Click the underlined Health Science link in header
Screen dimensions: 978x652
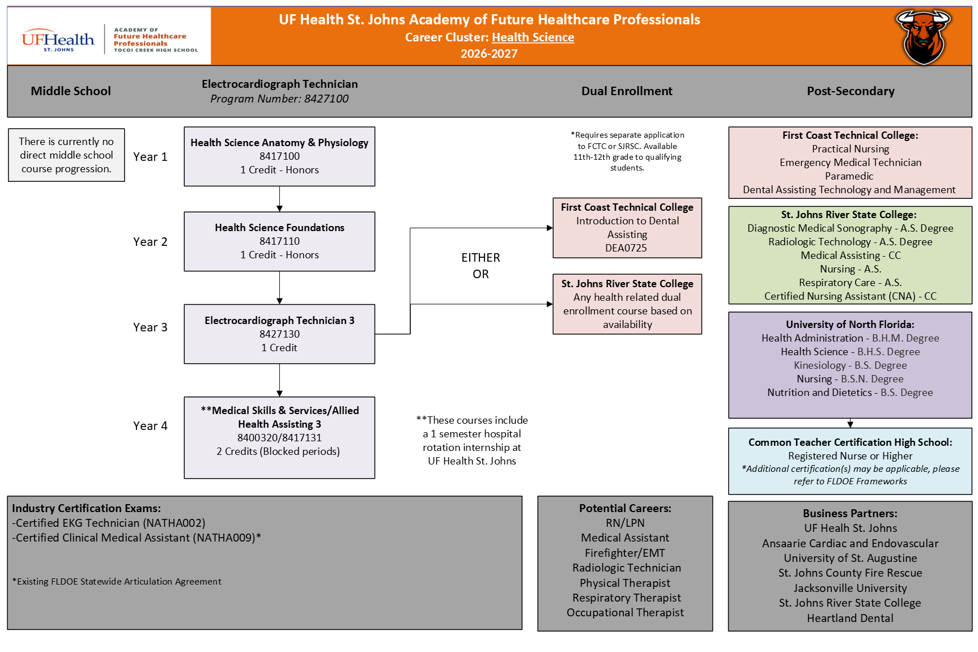click(x=533, y=37)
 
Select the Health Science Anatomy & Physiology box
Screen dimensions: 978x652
click(x=279, y=156)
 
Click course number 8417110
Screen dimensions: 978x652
click(x=279, y=241)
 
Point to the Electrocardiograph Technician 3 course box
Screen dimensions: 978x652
click(x=279, y=334)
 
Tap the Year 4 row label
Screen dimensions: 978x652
click(x=150, y=426)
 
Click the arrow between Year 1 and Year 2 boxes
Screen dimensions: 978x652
click(x=279, y=199)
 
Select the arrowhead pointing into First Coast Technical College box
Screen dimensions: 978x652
click(x=550, y=228)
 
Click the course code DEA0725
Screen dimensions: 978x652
click(x=626, y=248)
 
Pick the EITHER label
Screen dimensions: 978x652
click(x=481, y=258)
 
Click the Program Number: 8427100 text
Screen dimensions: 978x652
click(x=279, y=99)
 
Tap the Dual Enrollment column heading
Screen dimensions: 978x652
click(x=627, y=91)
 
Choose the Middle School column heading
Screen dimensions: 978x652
click(x=71, y=91)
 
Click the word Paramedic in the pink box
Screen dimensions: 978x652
click(x=849, y=176)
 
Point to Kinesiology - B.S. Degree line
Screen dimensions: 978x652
click(x=850, y=365)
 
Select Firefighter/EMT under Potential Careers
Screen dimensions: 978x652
click(x=625, y=553)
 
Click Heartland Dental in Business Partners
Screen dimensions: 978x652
click(x=850, y=618)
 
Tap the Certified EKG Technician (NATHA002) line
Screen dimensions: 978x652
click(x=109, y=523)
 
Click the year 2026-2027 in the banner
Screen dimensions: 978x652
click(x=489, y=54)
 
